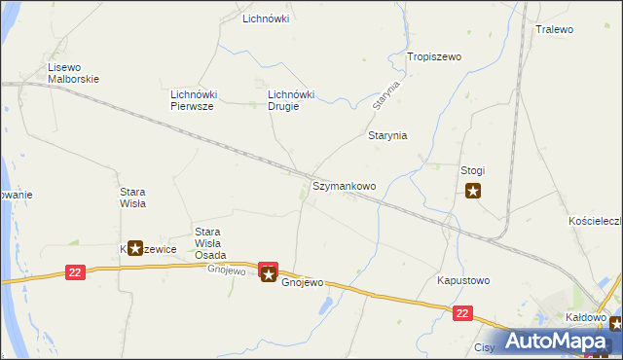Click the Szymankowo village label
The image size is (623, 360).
344,185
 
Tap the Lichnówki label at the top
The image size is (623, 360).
266,18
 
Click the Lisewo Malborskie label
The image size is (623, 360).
74,73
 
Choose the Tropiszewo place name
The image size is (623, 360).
433,57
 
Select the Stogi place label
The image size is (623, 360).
472,170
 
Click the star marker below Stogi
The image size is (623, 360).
473,191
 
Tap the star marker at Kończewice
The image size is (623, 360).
135,248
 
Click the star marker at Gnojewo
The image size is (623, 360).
269,275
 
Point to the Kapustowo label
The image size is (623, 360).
462,280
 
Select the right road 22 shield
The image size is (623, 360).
462,312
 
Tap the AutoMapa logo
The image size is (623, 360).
556,341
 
